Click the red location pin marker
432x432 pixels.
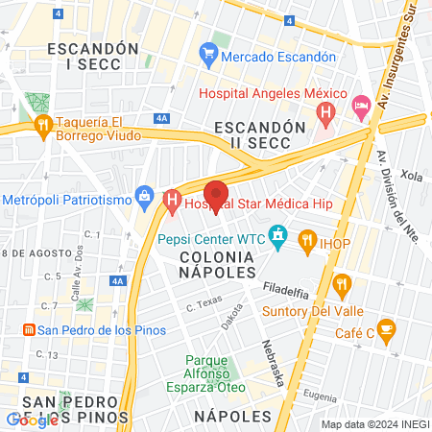point(217,194)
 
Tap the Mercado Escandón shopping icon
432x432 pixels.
point(207,57)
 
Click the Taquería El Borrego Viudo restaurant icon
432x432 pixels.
point(42,126)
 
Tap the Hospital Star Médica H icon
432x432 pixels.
point(173,203)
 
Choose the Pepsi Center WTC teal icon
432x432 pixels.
point(278,234)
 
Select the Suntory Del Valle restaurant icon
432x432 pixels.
point(342,284)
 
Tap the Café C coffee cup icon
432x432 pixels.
point(386,329)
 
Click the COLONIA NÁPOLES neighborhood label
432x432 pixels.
point(217,265)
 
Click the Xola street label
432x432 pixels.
point(412,177)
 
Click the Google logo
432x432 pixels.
point(32,420)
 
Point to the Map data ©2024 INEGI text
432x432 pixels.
point(374,424)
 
